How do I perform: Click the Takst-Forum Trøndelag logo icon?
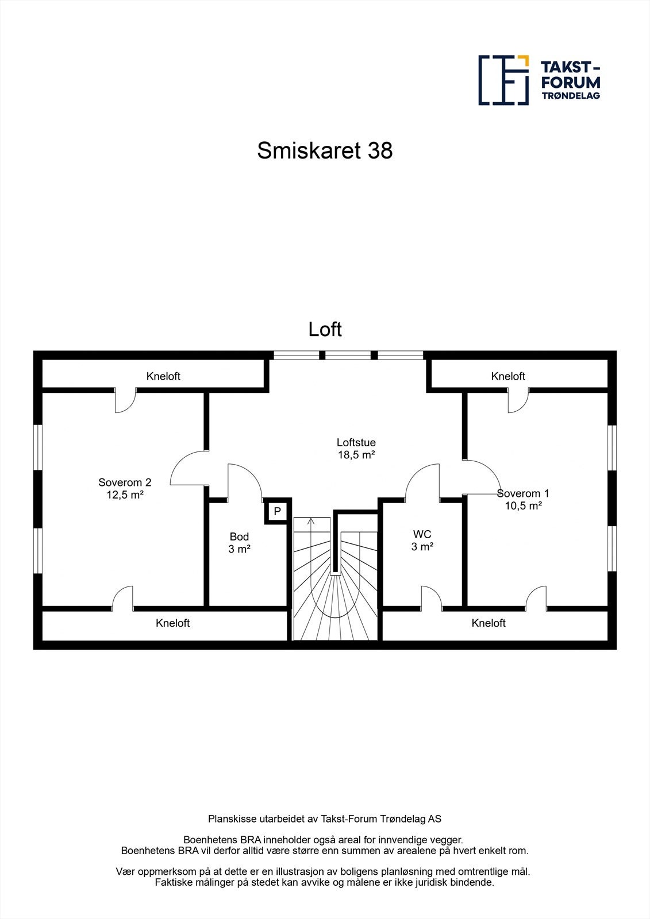coord(503,80)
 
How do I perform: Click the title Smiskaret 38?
coord(325,151)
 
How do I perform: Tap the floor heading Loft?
coord(325,330)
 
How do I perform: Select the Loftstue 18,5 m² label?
coord(356,449)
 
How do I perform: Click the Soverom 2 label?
coord(125,482)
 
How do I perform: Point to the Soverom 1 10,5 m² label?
coord(524,500)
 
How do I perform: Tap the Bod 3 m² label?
coord(239,543)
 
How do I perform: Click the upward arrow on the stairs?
coord(311,522)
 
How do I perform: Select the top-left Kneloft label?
coord(163,376)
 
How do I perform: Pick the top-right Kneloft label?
coord(508,376)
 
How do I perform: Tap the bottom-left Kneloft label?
coord(172,623)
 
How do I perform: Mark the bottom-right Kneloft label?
coord(489,623)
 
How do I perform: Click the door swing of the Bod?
coord(244,480)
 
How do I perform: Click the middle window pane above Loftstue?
coord(348,355)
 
